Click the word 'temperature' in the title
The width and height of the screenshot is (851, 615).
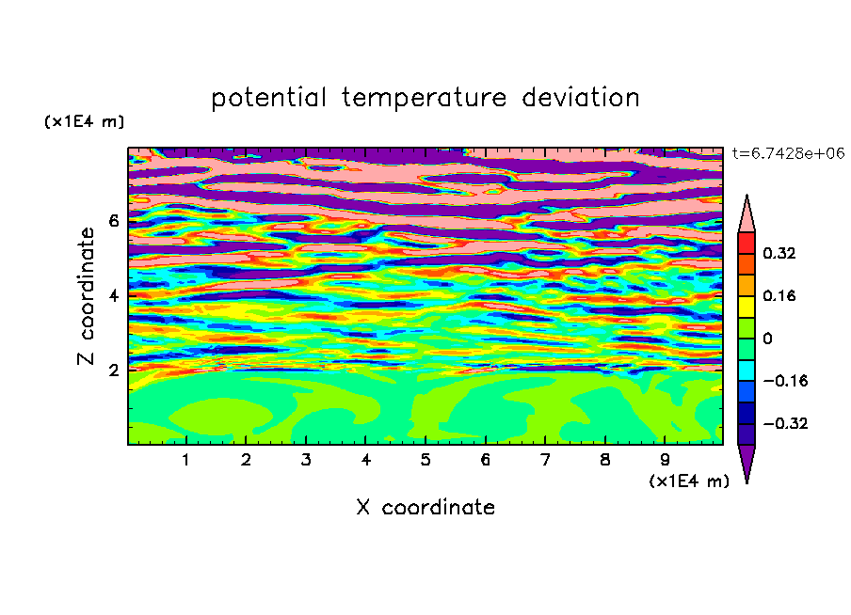click(425, 98)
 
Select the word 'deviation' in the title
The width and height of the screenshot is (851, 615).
click(581, 98)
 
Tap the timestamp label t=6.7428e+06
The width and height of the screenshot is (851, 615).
click(788, 153)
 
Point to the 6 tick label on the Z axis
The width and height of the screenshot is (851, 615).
click(113, 221)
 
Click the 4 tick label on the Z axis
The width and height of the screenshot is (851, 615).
click(113, 295)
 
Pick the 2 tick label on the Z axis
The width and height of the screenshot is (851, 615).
click(113, 371)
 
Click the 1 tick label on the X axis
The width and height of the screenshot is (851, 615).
click(186, 460)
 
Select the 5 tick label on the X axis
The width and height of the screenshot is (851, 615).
click(425, 460)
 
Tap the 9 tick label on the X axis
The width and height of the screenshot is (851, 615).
click(665, 460)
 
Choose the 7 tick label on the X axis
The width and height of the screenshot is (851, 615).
click(545, 460)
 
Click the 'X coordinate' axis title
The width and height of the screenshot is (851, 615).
click(425, 507)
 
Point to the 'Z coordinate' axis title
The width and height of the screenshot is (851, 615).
click(86, 296)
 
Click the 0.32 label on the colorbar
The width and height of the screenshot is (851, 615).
click(779, 253)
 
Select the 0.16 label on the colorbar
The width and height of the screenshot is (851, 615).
click(779, 295)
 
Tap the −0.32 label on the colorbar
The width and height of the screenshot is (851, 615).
click(785, 423)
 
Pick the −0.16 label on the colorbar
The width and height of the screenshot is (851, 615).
click(785, 381)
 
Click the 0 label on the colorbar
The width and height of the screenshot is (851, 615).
click(767, 339)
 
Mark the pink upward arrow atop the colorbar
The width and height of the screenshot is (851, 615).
click(747, 216)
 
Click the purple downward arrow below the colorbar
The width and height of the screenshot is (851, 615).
click(747, 461)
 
